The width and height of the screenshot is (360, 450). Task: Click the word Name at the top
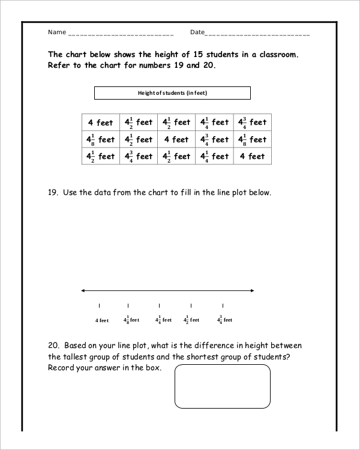[x=56, y=32]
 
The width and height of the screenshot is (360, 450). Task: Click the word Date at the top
[x=197, y=32]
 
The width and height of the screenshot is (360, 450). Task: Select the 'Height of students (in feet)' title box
[x=172, y=93]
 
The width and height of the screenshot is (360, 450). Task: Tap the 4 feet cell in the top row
[x=101, y=122]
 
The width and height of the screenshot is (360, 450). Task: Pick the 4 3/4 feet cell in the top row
[x=252, y=122]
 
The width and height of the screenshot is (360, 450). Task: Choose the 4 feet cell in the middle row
[x=176, y=140]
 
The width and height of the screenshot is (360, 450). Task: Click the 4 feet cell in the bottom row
[x=252, y=157]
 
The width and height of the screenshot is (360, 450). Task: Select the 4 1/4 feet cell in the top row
[x=214, y=122]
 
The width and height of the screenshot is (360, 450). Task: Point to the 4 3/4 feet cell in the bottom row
[x=139, y=157]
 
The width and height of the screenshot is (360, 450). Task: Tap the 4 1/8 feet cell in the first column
[x=101, y=140]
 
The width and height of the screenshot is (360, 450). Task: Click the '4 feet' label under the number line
[x=102, y=320]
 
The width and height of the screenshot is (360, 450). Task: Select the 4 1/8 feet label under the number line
[x=131, y=320]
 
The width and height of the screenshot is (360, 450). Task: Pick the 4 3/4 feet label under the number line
[x=224, y=320]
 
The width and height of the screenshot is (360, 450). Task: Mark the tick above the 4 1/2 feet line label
[x=191, y=306]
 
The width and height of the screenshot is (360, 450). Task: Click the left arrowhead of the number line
[x=83, y=291]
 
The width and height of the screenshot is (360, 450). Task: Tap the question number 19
[x=52, y=193]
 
